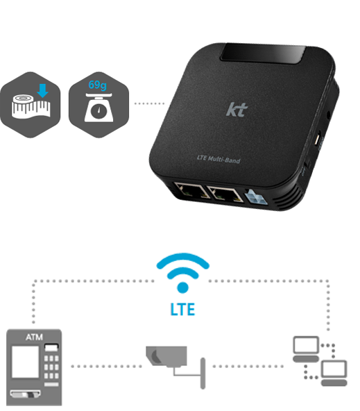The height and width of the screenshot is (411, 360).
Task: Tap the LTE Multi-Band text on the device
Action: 218,159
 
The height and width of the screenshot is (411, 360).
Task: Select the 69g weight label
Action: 97,85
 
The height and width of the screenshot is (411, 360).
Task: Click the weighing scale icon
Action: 98,108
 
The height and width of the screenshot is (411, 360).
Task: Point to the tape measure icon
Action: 31,106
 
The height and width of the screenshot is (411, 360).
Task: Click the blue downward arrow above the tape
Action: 42,90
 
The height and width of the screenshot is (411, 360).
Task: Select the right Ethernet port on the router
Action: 224,194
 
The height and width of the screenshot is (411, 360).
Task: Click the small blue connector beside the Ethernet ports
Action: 255,197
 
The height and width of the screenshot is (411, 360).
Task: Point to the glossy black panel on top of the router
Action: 263,54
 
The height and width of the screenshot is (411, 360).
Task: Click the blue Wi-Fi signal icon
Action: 182,273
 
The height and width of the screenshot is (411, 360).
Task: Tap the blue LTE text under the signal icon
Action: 182,310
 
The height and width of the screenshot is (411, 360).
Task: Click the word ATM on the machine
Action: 34,337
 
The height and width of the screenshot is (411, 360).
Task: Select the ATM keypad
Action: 51,368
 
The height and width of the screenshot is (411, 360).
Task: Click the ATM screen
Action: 26,362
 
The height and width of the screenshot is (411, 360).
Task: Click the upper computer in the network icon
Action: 306,349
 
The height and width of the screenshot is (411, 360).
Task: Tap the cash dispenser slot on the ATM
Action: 26,394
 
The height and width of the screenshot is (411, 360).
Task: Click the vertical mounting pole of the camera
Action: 203,374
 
